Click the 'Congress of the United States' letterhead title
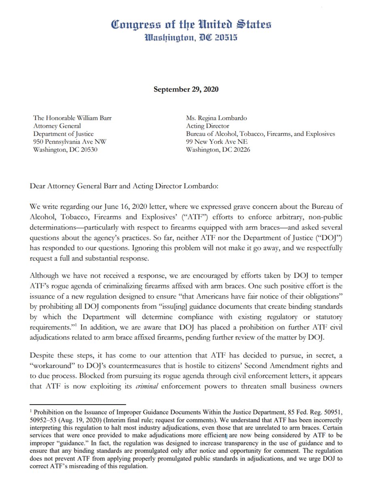[191, 25]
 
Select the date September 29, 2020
[186, 89]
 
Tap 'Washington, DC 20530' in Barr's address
[65, 149]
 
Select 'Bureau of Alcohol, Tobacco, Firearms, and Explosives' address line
[260, 134]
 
